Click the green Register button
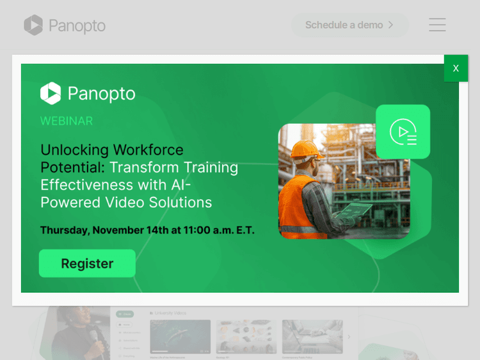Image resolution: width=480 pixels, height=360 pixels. (x=87, y=263)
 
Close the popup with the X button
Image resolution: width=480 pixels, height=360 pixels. (x=456, y=68)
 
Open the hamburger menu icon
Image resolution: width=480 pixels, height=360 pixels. (x=437, y=25)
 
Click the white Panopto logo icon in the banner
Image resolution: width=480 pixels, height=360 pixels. (x=51, y=93)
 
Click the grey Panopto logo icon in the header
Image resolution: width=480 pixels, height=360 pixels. (x=33, y=26)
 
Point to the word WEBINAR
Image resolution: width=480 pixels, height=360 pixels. (x=67, y=121)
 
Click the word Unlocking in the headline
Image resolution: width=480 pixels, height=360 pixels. (x=74, y=150)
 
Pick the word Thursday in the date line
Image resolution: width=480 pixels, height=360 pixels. (x=64, y=230)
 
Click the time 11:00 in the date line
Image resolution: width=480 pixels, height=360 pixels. (x=197, y=230)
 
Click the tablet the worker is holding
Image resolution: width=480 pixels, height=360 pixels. (x=354, y=209)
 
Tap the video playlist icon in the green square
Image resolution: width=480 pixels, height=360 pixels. (x=403, y=132)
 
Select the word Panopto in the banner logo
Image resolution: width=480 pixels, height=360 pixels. (x=101, y=93)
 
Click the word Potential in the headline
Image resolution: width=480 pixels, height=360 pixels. (x=72, y=168)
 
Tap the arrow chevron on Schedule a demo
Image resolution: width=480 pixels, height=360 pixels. (x=391, y=25)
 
